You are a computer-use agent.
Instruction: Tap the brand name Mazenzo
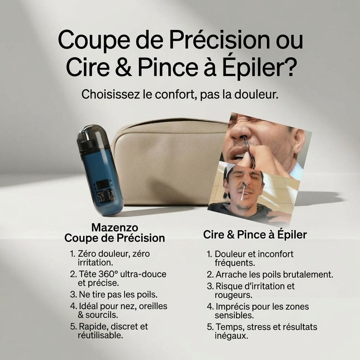click(x=115, y=227)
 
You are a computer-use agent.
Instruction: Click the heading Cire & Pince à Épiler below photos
click(x=255, y=235)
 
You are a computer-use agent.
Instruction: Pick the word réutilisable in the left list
click(x=100, y=335)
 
